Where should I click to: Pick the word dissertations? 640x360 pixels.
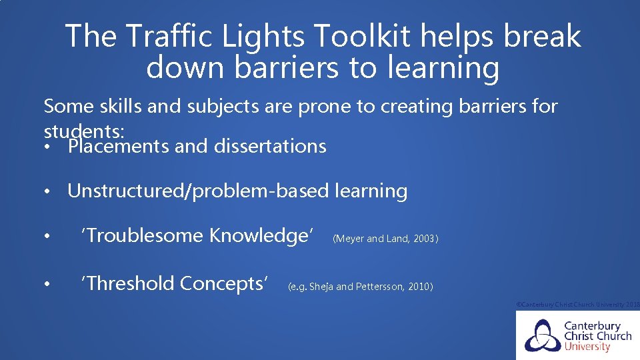(270, 146)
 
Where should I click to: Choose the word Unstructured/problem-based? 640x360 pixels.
(198, 191)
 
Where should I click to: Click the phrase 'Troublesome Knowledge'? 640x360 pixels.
(197, 235)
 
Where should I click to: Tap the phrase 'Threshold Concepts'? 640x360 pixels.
(174, 284)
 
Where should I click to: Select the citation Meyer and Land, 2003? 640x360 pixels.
(385, 239)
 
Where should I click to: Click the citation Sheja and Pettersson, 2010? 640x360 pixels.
(360, 287)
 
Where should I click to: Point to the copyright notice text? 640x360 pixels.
(578, 304)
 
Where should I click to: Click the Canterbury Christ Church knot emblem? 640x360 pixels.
(542, 335)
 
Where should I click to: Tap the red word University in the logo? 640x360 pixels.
(587, 347)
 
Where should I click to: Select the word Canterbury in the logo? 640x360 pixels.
(593, 326)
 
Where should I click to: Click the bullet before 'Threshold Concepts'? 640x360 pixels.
(48, 285)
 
